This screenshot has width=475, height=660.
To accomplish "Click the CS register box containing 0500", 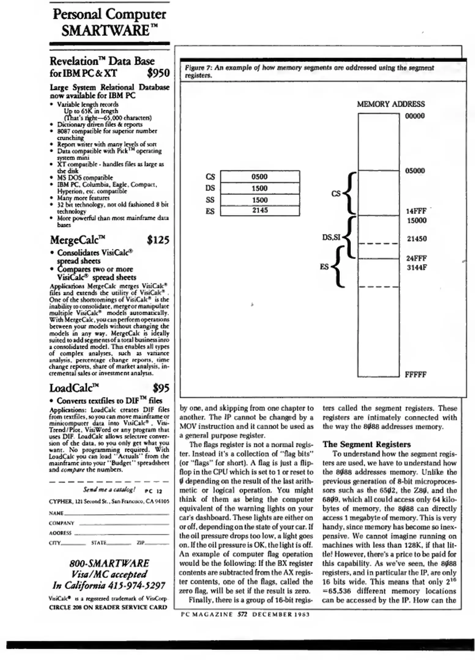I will pyautogui.click(x=259, y=177).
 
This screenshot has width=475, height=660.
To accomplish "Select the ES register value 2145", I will pyautogui.click(x=260, y=210).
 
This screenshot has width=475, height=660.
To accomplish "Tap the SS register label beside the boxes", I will pyautogui.click(x=210, y=200).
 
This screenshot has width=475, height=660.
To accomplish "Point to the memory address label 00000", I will pyautogui.click(x=415, y=116).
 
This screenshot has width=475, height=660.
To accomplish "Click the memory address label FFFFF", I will pyautogui.click(x=415, y=375).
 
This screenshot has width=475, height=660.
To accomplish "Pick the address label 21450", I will pyautogui.click(x=417, y=239).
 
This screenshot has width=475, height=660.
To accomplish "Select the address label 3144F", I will pyautogui.click(x=417, y=267).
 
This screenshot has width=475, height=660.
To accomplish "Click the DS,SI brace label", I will pyautogui.click(x=331, y=237).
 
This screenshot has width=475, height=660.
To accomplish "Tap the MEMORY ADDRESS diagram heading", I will pyautogui.click(x=391, y=104).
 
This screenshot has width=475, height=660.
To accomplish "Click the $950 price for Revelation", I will pyautogui.click(x=158, y=73).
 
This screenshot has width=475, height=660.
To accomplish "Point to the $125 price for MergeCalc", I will pyautogui.click(x=158, y=240).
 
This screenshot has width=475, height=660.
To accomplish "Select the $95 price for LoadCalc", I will pyautogui.click(x=161, y=388).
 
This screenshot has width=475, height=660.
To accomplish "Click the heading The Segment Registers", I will pyautogui.click(x=366, y=444).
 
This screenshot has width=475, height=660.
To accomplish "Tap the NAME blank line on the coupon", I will pyautogui.click(x=116, y=514).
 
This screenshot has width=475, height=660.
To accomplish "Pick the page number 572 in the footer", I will pyautogui.click(x=242, y=614).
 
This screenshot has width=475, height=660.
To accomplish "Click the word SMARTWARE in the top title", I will pyautogui.click(x=106, y=31).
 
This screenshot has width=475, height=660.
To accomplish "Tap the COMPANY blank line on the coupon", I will pyautogui.click(x=124, y=523).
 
